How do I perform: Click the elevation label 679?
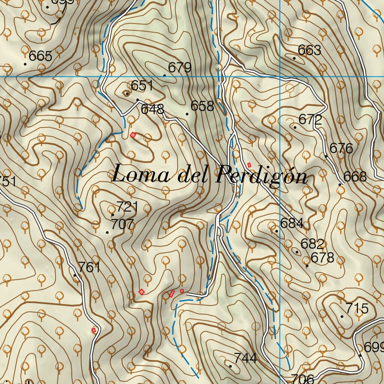click(x=180, y=68)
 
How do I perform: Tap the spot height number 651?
click(x=142, y=86)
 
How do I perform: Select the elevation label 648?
click(x=152, y=109)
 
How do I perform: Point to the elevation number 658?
click(x=202, y=106)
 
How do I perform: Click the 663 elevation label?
click(x=309, y=50)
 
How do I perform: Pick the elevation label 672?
click(x=310, y=120)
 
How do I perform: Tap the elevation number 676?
click(x=341, y=148)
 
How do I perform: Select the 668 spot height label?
click(x=355, y=177)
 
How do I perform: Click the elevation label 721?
click(x=127, y=207)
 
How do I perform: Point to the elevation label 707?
click(x=122, y=225)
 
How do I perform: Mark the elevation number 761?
click(x=89, y=267)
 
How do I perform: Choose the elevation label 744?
click(x=245, y=358)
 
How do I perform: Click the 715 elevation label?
click(x=357, y=309)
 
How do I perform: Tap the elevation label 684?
click(x=291, y=223)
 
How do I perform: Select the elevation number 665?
click(x=40, y=56)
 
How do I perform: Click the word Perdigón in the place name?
click(x=262, y=175)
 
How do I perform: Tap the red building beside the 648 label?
click(x=133, y=135)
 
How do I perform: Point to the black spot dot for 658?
click(x=187, y=114)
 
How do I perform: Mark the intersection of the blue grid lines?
click(x=280, y=76)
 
